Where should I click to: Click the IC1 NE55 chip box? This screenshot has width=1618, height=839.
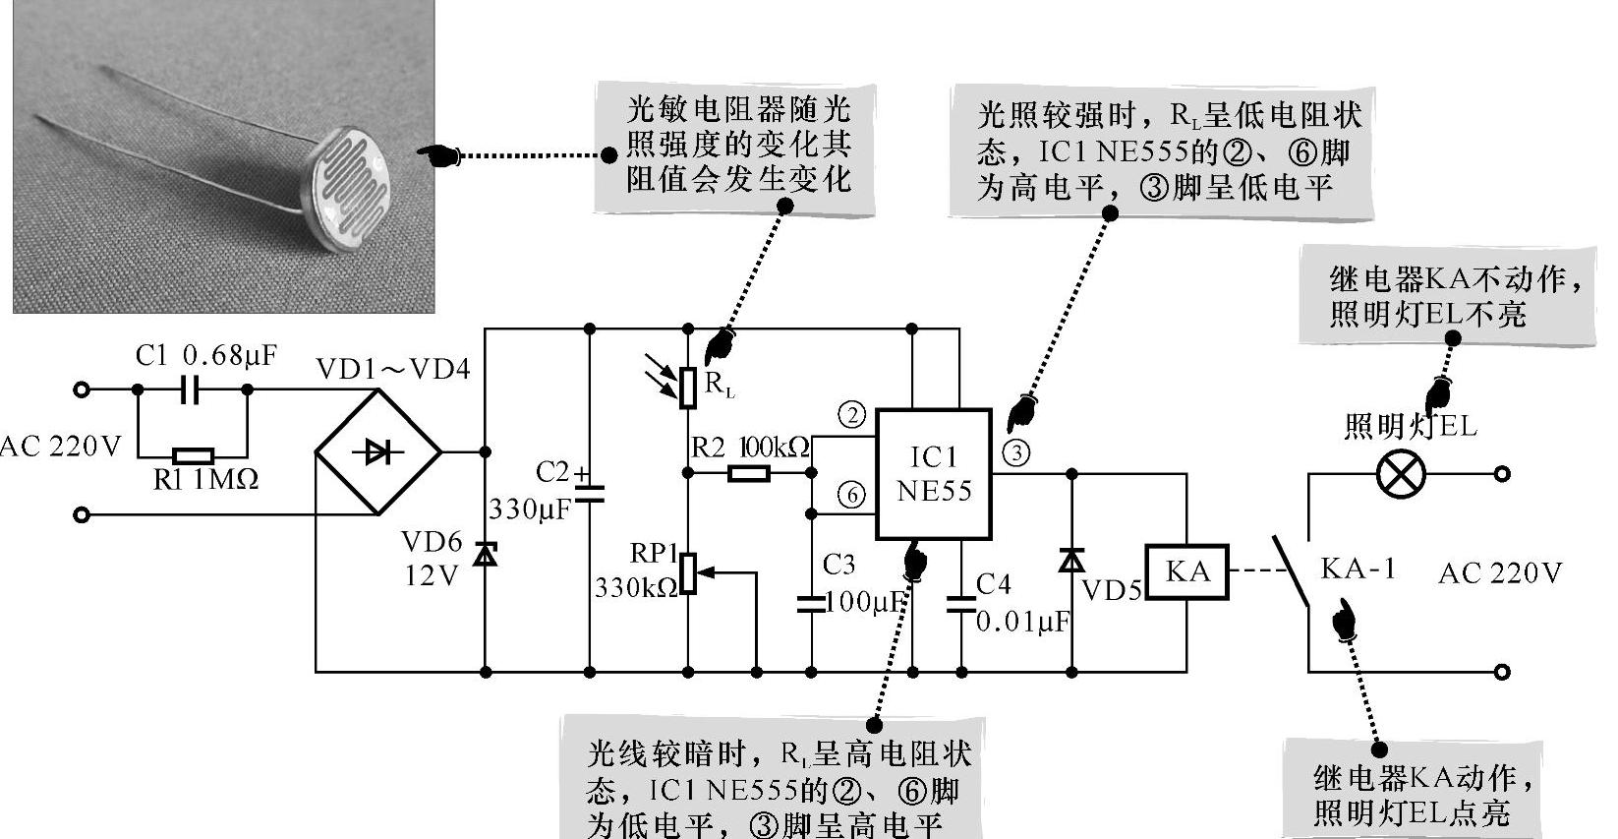933,474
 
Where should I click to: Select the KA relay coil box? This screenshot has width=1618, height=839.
1187,572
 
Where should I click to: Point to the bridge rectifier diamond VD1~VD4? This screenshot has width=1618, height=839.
378,452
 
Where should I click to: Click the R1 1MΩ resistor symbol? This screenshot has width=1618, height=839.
193,456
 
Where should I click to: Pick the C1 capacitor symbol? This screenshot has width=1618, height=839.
193,390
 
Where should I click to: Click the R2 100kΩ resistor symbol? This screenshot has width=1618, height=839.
749,474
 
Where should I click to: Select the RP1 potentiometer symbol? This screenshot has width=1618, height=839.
688,573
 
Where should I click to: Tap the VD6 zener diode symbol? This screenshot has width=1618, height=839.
485,555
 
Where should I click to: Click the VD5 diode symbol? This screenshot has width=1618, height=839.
1071,562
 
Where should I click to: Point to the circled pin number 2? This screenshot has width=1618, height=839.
851,415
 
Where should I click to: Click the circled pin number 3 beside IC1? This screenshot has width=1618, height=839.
1015,453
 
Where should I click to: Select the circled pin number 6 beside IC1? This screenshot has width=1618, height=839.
851,495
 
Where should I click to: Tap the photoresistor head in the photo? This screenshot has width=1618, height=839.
349,187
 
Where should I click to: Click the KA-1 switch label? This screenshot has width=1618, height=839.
1358,569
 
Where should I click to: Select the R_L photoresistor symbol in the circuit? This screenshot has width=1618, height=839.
688,387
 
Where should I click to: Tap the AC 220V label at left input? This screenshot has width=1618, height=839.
61,448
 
